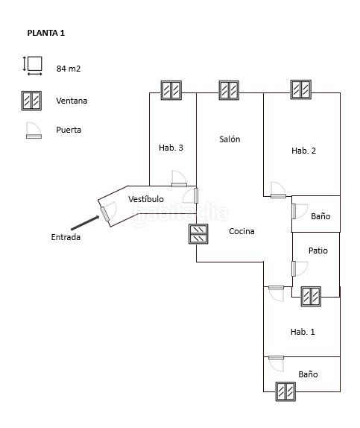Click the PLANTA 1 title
pyautogui.click(x=46, y=33)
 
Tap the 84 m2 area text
pyautogui.click(x=69, y=69)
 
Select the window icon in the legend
pyautogui.click(x=31, y=101)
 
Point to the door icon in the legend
pyautogui.click(x=34, y=130)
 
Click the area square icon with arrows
pyautogui.click(x=33, y=66)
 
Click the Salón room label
pyautogui.click(x=230, y=139)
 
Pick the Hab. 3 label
pyautogui.click(x=171, y=148)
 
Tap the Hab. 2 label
pyautogui.click(x=303, y=151)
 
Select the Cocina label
pyautogui.click(x=241, y=231)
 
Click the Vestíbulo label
pyautogui.click(x=146, y=199)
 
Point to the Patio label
pyautogui.click(x=318, y=251)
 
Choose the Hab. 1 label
pyautogui.click(x=303, y=332)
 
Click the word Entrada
pyautogui.click(x=66, y=237)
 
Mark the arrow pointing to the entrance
pyautogui.click(x=85, y=223)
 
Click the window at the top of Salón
pyautogui.click(x=229, y=90)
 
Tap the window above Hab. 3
pyautogui.click(x=171, y=90)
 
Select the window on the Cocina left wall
pyautogui.click(x=198, y=234)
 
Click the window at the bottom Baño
pyautogui.click(x=285, y=391)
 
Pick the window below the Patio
pyautogui.click(x=311, y=297)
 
